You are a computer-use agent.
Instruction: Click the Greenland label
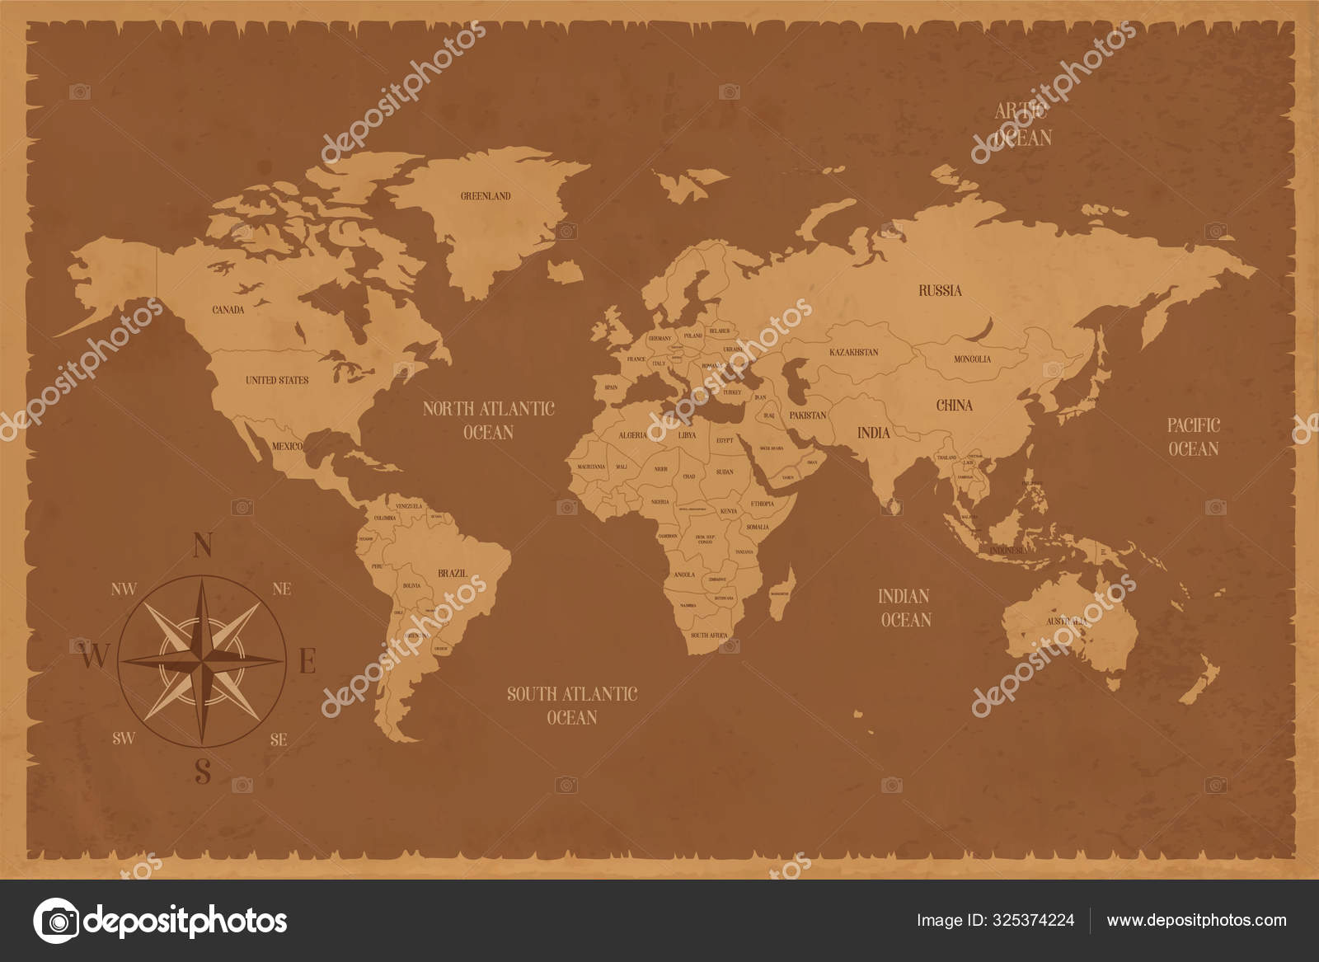click(486, 196)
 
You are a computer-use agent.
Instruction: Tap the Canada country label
click(228, 310)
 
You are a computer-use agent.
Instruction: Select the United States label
click(277, 380)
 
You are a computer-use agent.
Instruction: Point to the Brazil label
click(452, 573)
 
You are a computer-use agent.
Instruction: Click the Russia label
click(940, 290)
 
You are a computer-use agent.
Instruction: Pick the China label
click(954, 405)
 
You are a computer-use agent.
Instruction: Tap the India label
click(873, 432)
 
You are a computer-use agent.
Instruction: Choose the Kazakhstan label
click(853, 352)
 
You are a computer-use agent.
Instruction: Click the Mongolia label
click(972, 359)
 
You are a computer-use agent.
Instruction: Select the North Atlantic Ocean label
click(488, 420)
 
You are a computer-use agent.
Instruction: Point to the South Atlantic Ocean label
click(572, 706)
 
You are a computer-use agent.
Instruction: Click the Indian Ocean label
click(904, 608)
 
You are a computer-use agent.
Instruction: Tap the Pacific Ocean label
click(1193, 437)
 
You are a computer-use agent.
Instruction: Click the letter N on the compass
click(203, 546)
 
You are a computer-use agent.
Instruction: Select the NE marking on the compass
click(281, 589)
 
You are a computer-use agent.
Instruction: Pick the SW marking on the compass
click(124, 738)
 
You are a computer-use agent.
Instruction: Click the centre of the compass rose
click(202, 660)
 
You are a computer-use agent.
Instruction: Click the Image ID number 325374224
click(1035, 920)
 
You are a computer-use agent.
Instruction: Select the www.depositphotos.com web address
click(1196, 920)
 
